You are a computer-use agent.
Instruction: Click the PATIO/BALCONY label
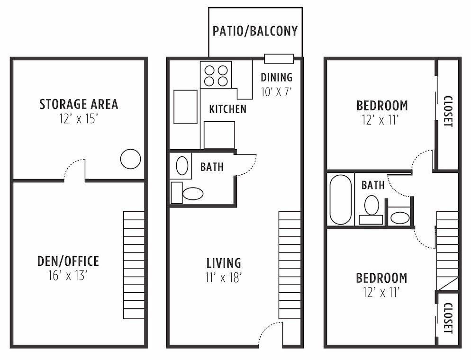click(x=255, y=31)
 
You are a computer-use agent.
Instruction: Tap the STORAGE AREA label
click(x=78, y=104)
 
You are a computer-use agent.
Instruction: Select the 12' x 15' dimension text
click(x=78, y=118)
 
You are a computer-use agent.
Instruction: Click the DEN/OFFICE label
click(x=68, y=261)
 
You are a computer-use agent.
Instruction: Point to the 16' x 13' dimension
click(x=68, y=276)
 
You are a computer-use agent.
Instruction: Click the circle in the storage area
click(x=130, y=159)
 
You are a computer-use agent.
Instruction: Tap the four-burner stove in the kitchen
click(x=216, y=75)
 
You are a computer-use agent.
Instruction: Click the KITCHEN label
click(x=227, y=109)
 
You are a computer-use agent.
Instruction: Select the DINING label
click(x=276, y=77)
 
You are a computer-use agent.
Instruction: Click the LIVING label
click(x=224, y=262)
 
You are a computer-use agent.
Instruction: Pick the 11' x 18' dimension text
click(x=224, y=277)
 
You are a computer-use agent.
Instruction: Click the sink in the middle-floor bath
click(x=181, y=166)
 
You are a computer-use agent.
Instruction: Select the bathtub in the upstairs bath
click(x=340, y=199)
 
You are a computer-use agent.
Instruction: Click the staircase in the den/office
click(x=134, y=265)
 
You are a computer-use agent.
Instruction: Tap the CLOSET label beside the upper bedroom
click(x=448, y=112)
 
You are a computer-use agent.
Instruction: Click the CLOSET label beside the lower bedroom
click(x=448, y=318)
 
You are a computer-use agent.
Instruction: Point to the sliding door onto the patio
click(x=279, y=59)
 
